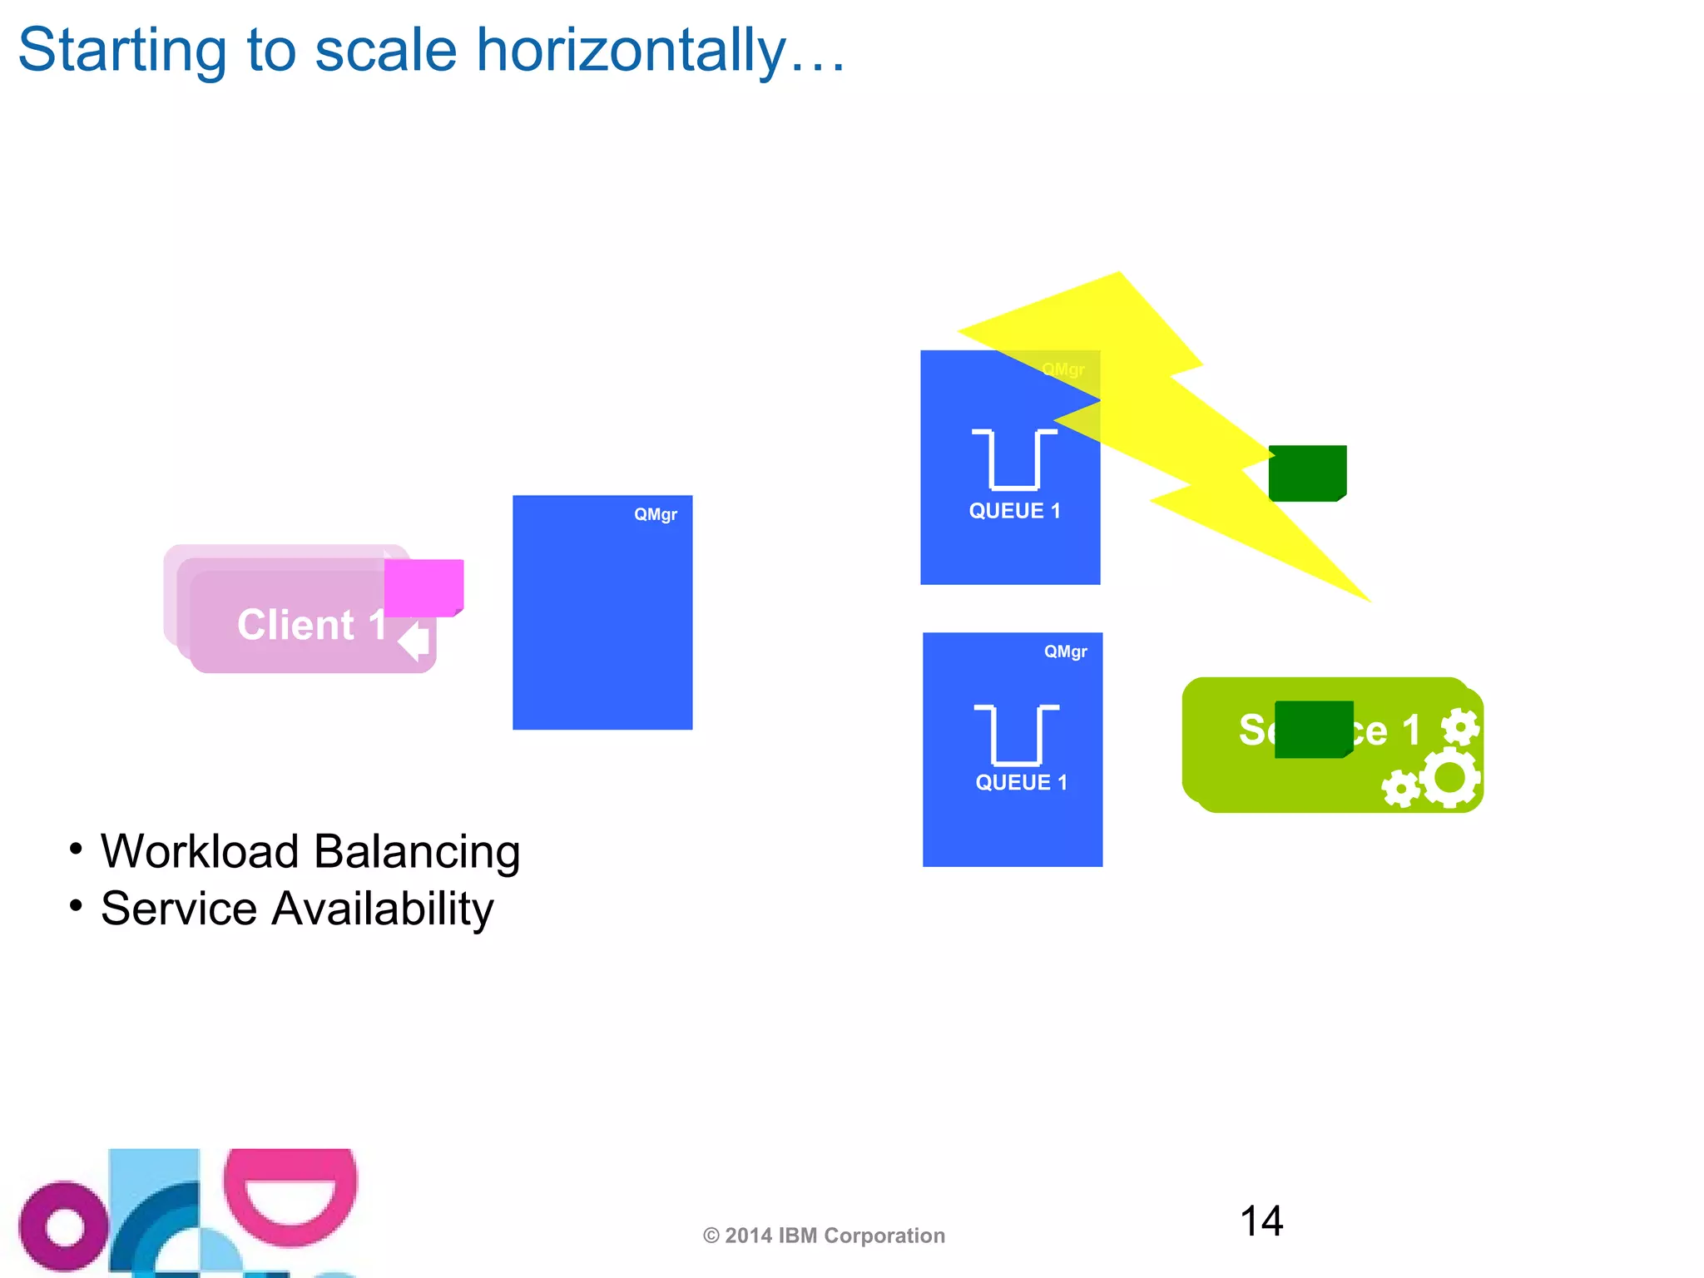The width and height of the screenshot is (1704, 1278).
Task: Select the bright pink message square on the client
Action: click(424, 587)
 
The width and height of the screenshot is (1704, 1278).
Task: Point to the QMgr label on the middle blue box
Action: click(656, 514)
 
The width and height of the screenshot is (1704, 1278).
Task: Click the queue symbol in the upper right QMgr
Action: click(1014, 458)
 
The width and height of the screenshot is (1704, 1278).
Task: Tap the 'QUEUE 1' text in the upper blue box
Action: click(1015, 511)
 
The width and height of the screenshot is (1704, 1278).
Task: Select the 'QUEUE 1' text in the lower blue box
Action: click(1021, 782)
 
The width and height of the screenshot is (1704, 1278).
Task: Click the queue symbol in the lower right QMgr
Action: click(1017, 734)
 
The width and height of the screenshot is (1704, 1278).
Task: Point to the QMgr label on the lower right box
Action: click(1065, 651)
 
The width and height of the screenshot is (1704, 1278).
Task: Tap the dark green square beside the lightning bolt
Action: click(1307, 473)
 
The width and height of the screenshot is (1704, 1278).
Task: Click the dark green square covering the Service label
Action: click(1314, 730)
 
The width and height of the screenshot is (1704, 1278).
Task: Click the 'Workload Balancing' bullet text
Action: click(310, 852)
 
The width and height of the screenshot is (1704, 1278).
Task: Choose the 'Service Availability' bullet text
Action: click(297, 909)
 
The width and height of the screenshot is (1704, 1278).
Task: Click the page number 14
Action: click(1261, 1221)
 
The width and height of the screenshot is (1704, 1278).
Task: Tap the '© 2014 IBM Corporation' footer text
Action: click(824, 1236)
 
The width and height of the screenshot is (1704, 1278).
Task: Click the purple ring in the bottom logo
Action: click(63, 1226)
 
